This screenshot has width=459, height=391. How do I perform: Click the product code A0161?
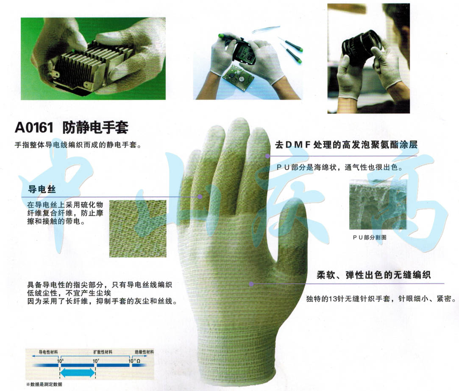click(x=35, y=128)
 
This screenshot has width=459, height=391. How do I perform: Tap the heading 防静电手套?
click(x=95, y=127)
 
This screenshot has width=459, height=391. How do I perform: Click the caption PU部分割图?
click(x=369, y=237)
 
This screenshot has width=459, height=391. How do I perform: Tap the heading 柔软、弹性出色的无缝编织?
click(x=374, y=275)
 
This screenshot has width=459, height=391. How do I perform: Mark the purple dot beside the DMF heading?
click(x=268, y=156)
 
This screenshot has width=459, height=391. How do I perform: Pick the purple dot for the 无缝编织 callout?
click(x=251, y=283)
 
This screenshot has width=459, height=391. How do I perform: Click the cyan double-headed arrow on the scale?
click(x=77, y=373)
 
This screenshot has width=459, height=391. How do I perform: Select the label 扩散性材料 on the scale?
click(x=103, y=352)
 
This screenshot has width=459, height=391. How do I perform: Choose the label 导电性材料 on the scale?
click(x=48, y=352)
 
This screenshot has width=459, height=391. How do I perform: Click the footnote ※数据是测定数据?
click(x=44, y=384)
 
